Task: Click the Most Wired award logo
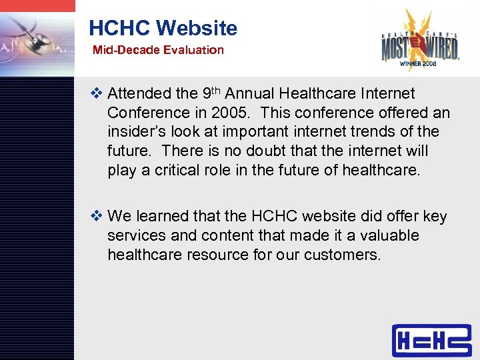[419, 40]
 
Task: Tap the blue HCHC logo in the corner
[431, 340]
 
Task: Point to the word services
[136, 236]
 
